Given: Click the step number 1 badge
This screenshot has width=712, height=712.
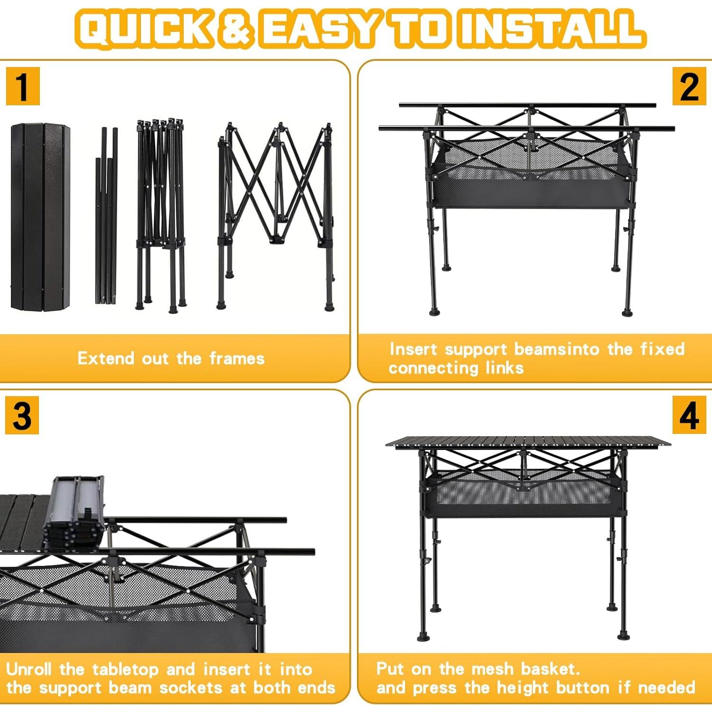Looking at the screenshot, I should pos(22,86).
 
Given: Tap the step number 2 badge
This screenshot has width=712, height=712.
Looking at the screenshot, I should pos(689,86).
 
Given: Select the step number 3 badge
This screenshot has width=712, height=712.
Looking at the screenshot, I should pos(22,416).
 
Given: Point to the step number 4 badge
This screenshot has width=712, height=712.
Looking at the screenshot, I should pos(689,416).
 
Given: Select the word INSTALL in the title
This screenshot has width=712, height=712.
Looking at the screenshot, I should pos(551,29).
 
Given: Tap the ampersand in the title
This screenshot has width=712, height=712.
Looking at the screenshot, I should pos(236,29).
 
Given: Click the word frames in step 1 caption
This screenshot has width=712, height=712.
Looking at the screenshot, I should pos(237,358).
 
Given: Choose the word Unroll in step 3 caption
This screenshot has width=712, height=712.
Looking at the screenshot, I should pos(28,669).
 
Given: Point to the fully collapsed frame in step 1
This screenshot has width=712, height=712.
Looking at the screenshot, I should pos(160,214).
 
